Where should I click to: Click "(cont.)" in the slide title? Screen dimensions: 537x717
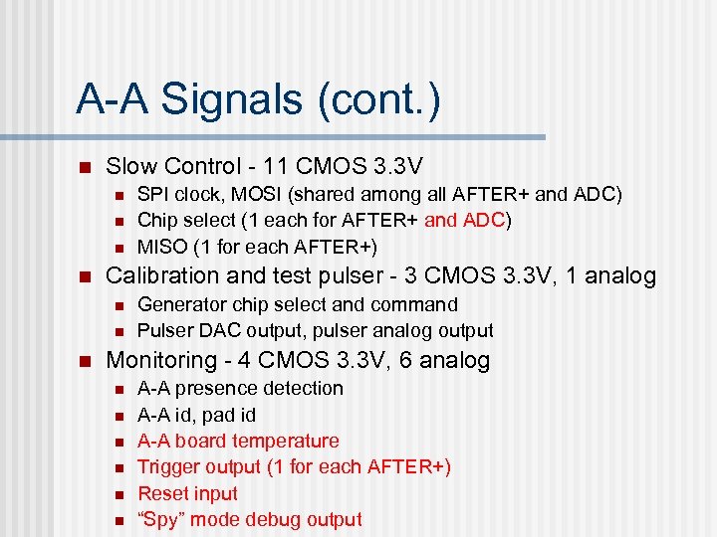[377, 99]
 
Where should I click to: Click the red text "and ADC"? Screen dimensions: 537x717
[466, 220]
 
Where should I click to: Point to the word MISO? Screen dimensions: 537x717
[161, 246]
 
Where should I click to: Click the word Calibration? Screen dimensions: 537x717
[159, 276]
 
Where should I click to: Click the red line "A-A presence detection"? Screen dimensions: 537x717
[240, 388]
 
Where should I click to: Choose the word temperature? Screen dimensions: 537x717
[285, 441]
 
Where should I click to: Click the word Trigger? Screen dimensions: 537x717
[165, 466]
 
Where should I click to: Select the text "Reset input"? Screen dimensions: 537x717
[187, 493]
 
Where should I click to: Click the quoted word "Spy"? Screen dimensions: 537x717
[161, 519]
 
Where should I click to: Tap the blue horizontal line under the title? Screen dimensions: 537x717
[309, 136]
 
